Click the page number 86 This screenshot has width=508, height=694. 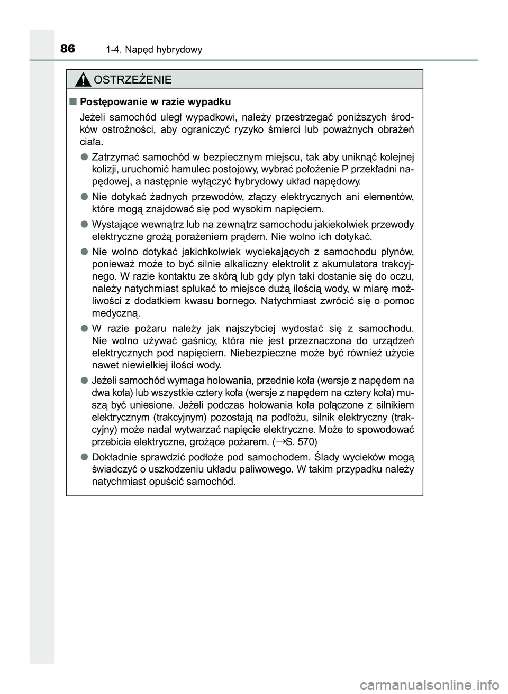68,49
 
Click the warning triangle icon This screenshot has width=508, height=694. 83,80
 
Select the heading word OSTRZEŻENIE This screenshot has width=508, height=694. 132,80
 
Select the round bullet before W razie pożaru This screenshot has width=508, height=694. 84,328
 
